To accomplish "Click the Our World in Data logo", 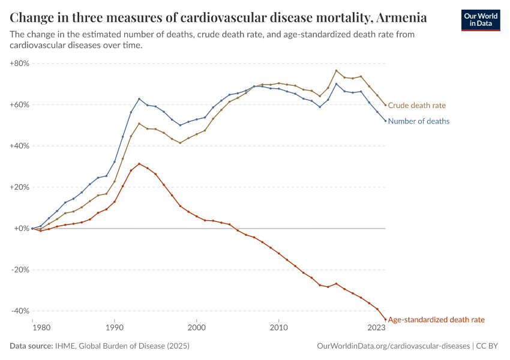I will click(x=480, y=20).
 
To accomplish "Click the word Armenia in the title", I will click(x=403, y=17).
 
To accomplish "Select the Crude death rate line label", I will click(x=417, y=106).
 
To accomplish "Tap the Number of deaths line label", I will click(x=419, y=121).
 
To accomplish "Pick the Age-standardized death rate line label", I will click(x=436, y=320).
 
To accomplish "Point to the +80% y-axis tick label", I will click(x=20, y=63).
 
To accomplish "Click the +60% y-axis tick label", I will click(x=20, y=104).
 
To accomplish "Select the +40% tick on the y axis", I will click(x=20, y=146).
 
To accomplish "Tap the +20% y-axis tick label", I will click(x=20, y=187).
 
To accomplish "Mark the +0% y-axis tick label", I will click(x=22, y=229).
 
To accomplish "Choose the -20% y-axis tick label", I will click(x=20, y=269).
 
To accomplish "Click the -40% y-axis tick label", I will click(x=20, y=311).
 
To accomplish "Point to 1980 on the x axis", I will click(x=40, y=328).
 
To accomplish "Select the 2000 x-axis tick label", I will click(x=196, y=328).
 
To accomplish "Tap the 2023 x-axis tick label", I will click(x=376, y=328).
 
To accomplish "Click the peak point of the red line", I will click(x=139, y=164).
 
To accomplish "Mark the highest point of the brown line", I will click(x=336, y=71).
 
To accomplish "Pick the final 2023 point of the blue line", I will click(x=385, y=121).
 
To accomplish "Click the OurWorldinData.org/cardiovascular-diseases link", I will click(x=392, y=346).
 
